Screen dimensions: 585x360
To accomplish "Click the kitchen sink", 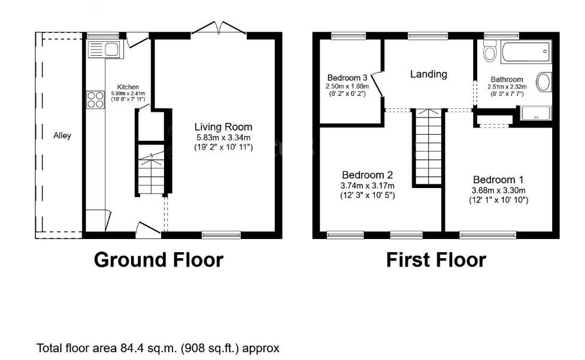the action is tap(105, 50).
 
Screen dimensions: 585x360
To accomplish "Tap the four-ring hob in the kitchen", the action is tap(95, 99).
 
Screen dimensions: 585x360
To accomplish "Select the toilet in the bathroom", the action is tap(490, 51).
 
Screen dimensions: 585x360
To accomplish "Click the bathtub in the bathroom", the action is tap(526, 52).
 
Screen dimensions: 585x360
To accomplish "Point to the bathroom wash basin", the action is tap(544, 82).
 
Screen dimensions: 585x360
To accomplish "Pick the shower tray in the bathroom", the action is tap(536, 113).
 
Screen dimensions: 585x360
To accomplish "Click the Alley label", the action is tap(62, 135).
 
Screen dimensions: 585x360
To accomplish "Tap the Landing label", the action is tap(429, 74).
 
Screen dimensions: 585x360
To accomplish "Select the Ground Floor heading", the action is tap(159, 259).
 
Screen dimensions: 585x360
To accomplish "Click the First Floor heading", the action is tap(436, 259).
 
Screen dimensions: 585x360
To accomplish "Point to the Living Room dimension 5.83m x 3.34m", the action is tap(223, 137).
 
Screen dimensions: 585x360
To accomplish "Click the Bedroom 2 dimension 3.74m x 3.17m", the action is tap(368, 186).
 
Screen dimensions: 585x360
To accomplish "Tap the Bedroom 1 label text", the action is tap(498, 180).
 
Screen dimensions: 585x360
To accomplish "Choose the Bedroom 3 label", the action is tap(347, 78).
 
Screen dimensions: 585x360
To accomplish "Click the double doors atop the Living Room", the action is tap(219, 29).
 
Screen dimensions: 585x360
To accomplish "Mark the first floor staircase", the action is tap(429, 147).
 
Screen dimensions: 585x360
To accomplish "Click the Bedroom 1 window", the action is tap(487, 235).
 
